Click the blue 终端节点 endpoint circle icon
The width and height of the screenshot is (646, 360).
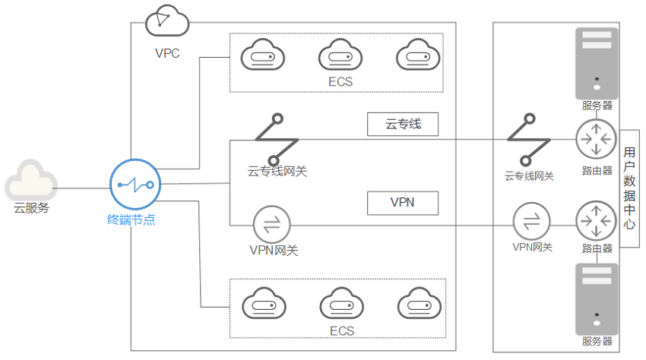[135, 184]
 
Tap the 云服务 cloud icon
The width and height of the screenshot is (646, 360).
[31, 181]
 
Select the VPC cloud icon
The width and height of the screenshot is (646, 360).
[167, 21]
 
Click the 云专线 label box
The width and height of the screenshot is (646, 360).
[403, 124]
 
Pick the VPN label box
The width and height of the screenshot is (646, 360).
[403, 203]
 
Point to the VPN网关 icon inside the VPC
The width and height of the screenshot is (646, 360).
[271, 225]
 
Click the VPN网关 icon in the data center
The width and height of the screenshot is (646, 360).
[531, 221]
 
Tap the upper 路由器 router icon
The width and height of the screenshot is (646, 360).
[596, 139]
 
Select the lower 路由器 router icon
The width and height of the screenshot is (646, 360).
[596, 221]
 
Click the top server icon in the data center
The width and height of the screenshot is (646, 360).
[597, 63]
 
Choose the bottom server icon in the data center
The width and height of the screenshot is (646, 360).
[597, 299]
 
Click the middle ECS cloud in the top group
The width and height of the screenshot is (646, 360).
[340, 55]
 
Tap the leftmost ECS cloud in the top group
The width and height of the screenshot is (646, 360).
[262, 55]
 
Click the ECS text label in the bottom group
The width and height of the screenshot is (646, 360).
[342, 330]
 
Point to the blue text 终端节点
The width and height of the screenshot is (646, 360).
[131, 219]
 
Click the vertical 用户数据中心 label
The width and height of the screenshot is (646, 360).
[629, 188]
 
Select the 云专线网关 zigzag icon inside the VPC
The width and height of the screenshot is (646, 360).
[277, 140]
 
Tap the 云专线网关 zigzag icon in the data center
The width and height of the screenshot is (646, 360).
[529, 140]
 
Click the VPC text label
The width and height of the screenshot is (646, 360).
[167, 53]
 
